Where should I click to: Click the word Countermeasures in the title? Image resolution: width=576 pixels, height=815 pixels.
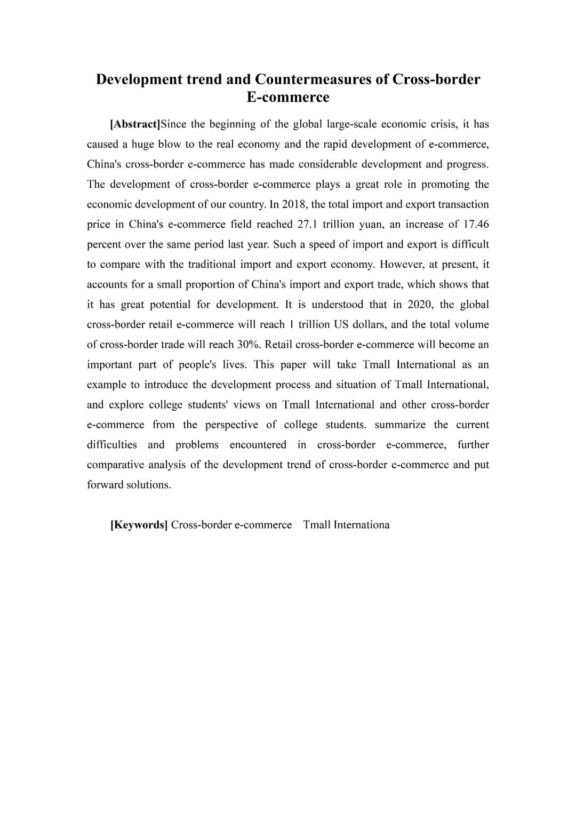pos(322,79)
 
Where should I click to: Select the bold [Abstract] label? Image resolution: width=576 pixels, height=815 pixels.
pos(135,124)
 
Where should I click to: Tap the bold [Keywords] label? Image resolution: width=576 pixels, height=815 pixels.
pos(139,525)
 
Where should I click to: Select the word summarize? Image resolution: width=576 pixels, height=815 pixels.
pos(400,425)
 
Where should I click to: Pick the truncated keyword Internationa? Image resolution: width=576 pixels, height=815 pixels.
pos(362,525)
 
